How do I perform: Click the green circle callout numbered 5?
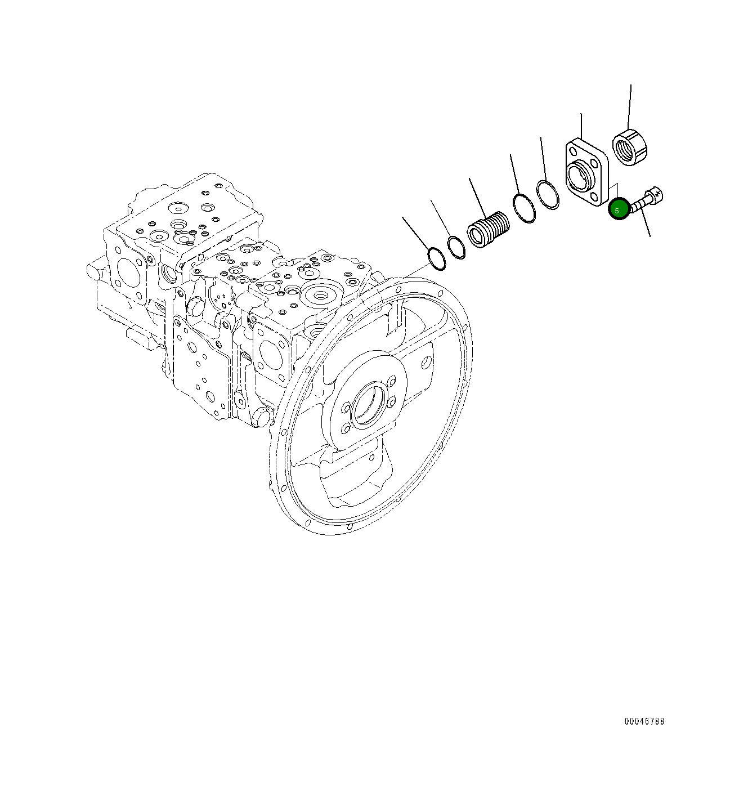[619, 210]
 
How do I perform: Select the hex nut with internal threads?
[631, 148]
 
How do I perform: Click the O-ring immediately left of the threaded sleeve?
[456, 248]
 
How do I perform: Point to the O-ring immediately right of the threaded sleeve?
[523, 208]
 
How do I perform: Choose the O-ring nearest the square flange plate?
[547, 195]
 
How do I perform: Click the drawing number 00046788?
[644, 721]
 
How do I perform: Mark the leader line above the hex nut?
[630, 107]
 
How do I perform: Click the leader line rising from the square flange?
[581, 126]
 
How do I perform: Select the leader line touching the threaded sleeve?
[477, 197]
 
